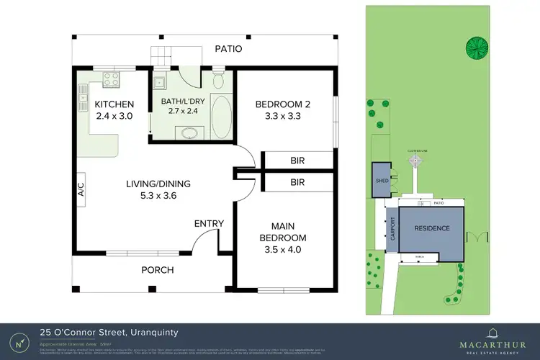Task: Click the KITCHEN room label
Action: pos(114,105)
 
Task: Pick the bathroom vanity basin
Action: pos(189,132)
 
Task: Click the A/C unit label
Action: pos(81,190)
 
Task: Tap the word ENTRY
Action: pos(209,224)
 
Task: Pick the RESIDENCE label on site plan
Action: pos(431,228)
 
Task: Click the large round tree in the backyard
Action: pos(476,48)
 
